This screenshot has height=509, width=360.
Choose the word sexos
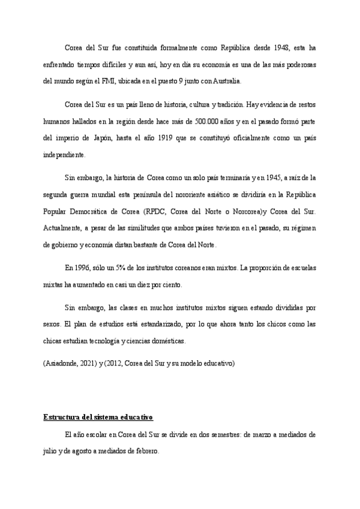52,325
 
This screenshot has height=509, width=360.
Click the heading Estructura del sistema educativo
98,417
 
